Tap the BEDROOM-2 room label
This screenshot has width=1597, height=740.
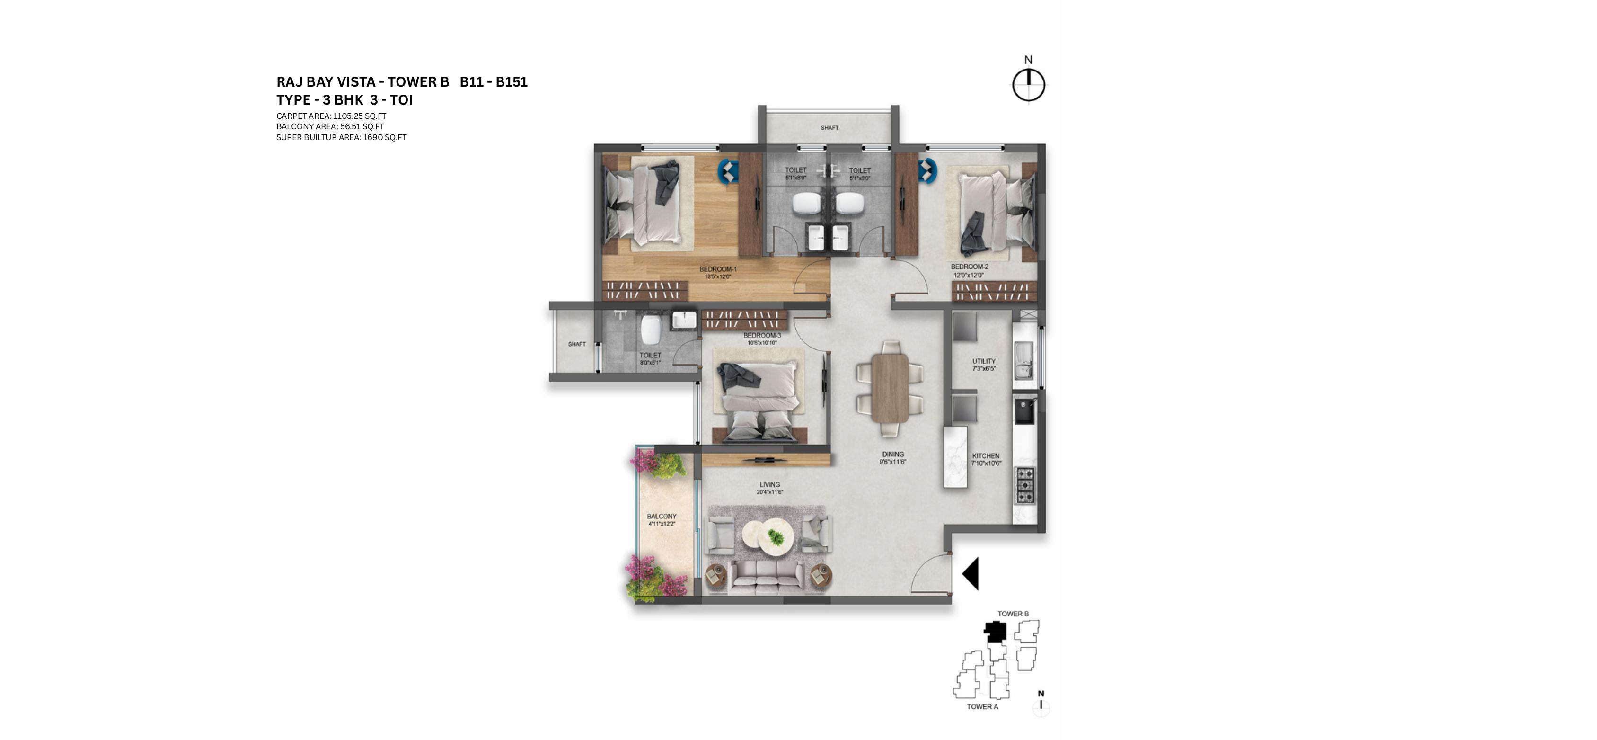point(970,267)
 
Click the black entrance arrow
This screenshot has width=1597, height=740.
point(971,574)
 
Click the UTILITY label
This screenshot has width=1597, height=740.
point(984,361)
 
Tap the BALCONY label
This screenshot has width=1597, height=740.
point(662,516)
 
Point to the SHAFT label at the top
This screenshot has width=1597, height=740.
point(829,128)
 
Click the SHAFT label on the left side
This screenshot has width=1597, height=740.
point(576,344)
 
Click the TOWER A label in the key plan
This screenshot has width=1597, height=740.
point(983,706)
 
